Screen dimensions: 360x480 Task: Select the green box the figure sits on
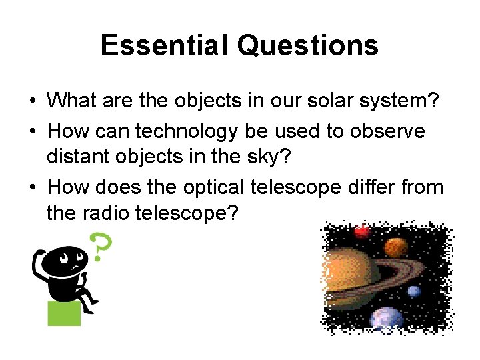[64, 313]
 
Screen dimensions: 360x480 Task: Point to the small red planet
[362, 232]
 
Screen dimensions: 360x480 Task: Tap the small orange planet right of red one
[395, 247]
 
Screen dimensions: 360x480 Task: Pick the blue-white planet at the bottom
[386, 319]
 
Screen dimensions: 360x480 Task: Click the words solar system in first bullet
[374, 101]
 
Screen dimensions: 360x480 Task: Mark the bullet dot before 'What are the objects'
[32, 102]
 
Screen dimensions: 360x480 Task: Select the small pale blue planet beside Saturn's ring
[414, 291]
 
